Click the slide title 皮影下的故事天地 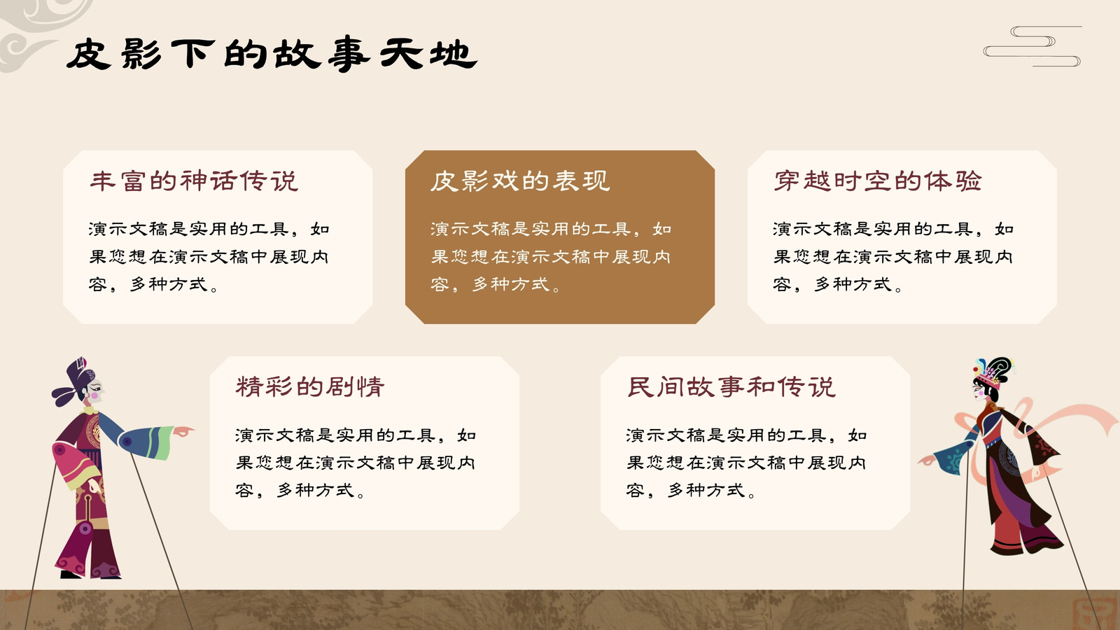pos(272,54)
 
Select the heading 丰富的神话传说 pos(194,181)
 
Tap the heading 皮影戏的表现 pos(520,181)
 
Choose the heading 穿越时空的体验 pos(878,181)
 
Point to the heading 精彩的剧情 pos(310,387)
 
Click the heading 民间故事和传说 pos(731,387)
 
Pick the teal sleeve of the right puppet pos(953,456)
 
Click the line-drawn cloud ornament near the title pos(1032,46)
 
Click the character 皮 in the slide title pos(88,54)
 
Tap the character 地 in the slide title pos(453,54)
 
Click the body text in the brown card pos(550,256)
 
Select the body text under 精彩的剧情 pos(355,463)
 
